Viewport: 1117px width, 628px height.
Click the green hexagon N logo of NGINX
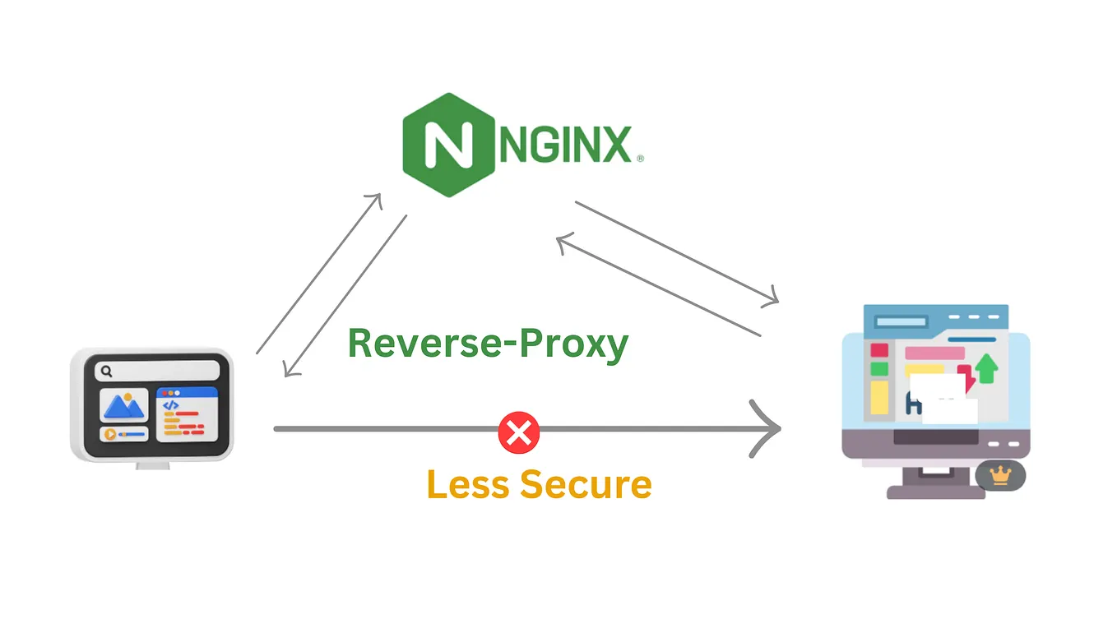coord(448,145)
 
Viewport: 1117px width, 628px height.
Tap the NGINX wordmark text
coord(567,145)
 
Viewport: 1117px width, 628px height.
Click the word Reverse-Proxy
coord(488,343)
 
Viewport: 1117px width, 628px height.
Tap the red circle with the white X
coord(519,432)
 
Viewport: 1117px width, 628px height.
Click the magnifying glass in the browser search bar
coord(106,372)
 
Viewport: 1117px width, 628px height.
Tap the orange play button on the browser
coord(109,434)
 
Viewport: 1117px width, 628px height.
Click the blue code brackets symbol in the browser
coord(170,404)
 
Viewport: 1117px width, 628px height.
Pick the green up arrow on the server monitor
coord(987,369)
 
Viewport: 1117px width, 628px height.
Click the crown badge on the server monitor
coord(1000,475)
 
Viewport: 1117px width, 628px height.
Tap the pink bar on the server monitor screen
coord(934,353)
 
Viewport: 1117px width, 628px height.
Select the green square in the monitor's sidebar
coord(879,369)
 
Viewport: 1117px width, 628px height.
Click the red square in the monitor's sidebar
coord(879,351)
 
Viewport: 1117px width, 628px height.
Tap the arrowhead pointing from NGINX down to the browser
coord(287,372)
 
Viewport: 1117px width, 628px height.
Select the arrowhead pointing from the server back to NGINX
coord(561,241)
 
